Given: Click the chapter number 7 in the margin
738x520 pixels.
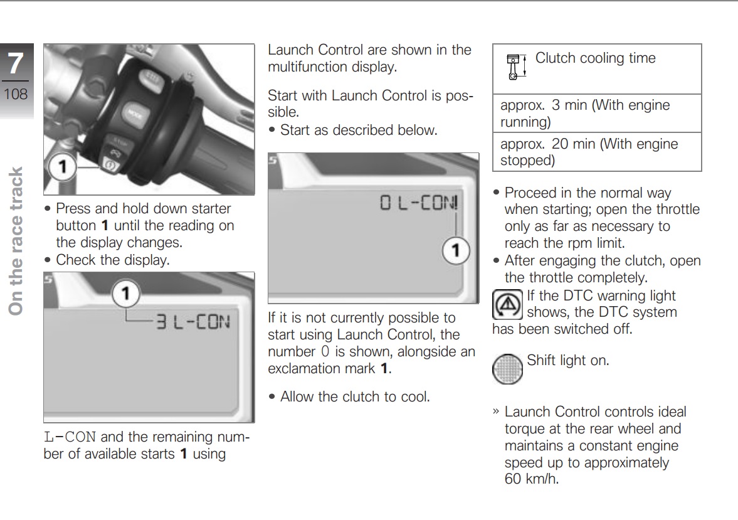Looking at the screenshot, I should point(15,65).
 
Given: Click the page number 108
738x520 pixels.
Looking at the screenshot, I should point(15,95).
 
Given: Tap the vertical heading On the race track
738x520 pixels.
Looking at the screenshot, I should point(16,241).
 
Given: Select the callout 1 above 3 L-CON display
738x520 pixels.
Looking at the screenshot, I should point(126,294).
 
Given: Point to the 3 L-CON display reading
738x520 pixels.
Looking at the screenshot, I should point(192,323).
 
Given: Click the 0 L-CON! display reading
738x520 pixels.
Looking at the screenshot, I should point(419,203).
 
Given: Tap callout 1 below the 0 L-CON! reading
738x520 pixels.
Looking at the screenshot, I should point(456,251).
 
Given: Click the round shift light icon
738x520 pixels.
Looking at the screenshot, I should point(508,368).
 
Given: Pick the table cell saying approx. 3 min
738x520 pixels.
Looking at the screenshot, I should point(584,113).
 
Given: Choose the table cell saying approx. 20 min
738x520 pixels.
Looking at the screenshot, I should point(589,152).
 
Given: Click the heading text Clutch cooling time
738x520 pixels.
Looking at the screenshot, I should point(595,58).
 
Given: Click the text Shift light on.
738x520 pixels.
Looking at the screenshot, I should point(567,361).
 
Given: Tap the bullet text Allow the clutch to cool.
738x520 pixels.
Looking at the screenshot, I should point(354,396).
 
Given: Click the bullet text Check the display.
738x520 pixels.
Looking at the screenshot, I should point(112,260).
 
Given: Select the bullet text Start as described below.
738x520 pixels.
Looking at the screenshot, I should point(358,130).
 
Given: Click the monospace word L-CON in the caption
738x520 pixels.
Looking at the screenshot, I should point(70,437).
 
